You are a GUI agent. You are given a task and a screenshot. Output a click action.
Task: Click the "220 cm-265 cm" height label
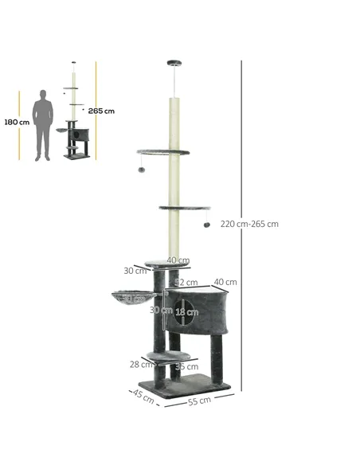249,224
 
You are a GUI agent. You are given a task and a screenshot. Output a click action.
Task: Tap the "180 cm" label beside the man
16,123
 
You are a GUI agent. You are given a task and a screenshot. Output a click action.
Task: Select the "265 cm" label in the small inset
101,111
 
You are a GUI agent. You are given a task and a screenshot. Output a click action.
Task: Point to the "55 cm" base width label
199,400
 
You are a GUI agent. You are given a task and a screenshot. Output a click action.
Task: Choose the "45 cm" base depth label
143,397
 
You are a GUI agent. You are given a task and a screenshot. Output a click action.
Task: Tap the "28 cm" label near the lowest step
141,364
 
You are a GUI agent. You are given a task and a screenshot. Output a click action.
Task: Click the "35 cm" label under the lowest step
187,367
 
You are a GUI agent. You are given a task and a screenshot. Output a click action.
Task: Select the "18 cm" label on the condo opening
186,312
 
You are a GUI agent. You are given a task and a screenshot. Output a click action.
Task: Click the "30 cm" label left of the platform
135,271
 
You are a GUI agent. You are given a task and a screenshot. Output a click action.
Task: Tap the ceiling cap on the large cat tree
174,63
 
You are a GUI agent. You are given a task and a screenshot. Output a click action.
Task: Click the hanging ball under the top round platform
142,169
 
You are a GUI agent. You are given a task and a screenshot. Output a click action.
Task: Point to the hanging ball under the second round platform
207,225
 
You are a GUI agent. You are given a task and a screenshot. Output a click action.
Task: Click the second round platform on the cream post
184,209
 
